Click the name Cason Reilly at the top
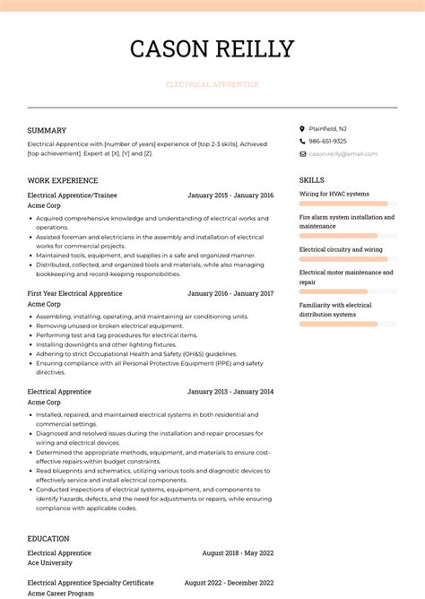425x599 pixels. coord(212,48)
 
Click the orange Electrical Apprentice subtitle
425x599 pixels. coord(212,84)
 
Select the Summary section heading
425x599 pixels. coord(47,131)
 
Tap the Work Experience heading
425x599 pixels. coord(62,180)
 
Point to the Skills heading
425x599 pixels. coord(311,180)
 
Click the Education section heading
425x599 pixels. coord(48,539)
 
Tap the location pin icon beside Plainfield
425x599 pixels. coord(302,128)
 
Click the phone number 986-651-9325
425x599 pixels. coord(328,141)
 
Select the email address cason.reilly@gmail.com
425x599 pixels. coord(343,153)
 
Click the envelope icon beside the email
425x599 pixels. coord(302,153)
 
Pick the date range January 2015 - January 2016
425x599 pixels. coord(230,195)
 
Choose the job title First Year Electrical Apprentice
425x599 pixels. coord(74,293)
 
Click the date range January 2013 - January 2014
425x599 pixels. coord(230,392)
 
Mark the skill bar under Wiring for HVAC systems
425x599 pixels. coord(343,204)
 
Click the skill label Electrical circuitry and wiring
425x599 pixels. coord(341,249)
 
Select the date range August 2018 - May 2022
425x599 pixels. coord(238,553)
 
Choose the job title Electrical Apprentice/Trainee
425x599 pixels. coord(72,195)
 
